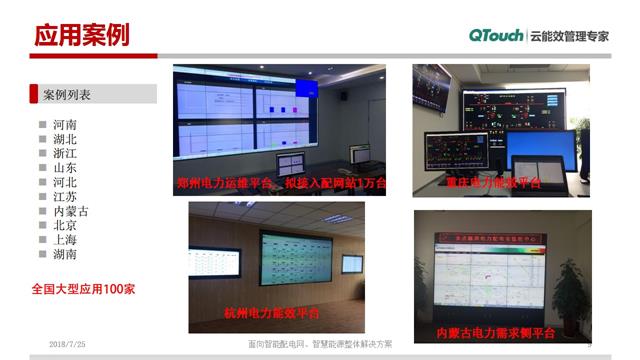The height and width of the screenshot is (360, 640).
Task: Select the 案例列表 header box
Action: (x=94, y=94)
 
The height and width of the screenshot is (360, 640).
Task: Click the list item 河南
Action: (x=65, y=125)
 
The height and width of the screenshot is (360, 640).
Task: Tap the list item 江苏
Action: (x=65, y=197)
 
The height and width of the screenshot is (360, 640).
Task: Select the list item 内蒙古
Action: (x=71, y=211)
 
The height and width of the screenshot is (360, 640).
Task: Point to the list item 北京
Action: (x=65, y=226)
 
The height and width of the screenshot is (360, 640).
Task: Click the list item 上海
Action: (x=65, y=240)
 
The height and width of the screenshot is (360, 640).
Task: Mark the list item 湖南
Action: (x=65, y=254)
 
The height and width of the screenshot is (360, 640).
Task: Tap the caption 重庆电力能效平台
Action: (x=493, y=182)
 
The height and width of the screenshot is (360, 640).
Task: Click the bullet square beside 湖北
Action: (x=42, y=140)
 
